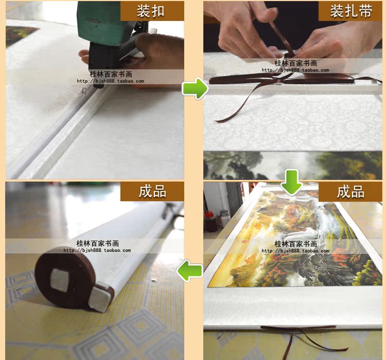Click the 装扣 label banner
[x=152, y=11]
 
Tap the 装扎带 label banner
[x=350, y=11]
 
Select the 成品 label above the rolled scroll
[x=152, y=191]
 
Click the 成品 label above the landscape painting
[x=350, y=191]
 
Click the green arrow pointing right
[x=195, y=88]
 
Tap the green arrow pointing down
[x=292, y=182]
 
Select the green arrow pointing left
[x=189, y=271]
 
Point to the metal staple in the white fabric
[x=84, y=91]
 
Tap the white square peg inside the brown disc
[x=60, y=280]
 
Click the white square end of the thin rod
[x=99, y=299]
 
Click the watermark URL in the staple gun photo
[x=110, y=81]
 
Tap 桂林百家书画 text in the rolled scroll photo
[x=97, y=243]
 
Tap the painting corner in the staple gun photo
[x=20, y=35]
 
